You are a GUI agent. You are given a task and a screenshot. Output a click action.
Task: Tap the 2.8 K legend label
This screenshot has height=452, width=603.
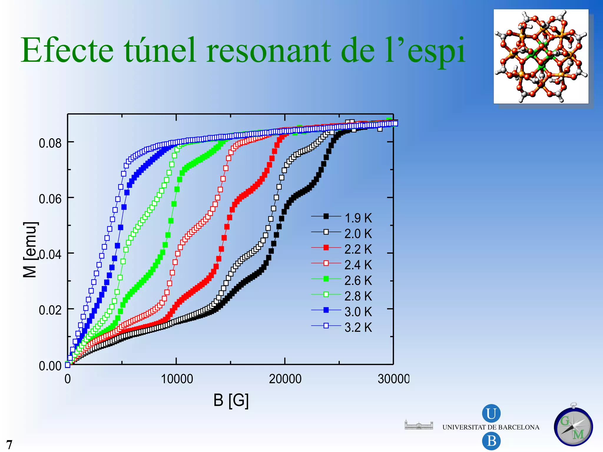[358, 296]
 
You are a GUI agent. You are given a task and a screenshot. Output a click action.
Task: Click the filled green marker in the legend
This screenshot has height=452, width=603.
[326, 279]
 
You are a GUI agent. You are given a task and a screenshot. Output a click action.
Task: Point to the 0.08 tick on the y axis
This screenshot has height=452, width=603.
[50, 143]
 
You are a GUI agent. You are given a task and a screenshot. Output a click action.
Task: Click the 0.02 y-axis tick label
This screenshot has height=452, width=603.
[50, 310]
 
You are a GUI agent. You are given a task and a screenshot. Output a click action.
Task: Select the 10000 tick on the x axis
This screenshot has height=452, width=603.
[177, 379]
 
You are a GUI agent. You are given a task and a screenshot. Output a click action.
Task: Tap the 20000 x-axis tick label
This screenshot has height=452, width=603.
[285, 379]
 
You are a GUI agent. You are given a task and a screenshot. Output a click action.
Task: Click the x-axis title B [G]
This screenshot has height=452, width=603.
[231, 400]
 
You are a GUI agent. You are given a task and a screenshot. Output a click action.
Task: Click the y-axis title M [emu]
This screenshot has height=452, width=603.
[30, 250]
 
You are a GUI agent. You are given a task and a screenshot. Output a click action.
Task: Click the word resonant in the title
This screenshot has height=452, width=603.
[269, 50]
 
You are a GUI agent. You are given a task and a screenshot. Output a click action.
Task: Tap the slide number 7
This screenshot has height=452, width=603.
[9, 445]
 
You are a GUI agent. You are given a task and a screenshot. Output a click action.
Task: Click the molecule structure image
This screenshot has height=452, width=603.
[541, 56]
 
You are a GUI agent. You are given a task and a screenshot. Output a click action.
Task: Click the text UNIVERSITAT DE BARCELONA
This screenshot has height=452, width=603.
[491, 427]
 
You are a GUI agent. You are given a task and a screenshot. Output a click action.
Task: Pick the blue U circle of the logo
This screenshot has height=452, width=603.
[491, 413]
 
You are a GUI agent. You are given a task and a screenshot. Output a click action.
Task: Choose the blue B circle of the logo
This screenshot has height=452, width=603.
[491, 441]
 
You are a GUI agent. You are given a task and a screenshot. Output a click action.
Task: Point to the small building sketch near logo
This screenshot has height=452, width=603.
[419, 425]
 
